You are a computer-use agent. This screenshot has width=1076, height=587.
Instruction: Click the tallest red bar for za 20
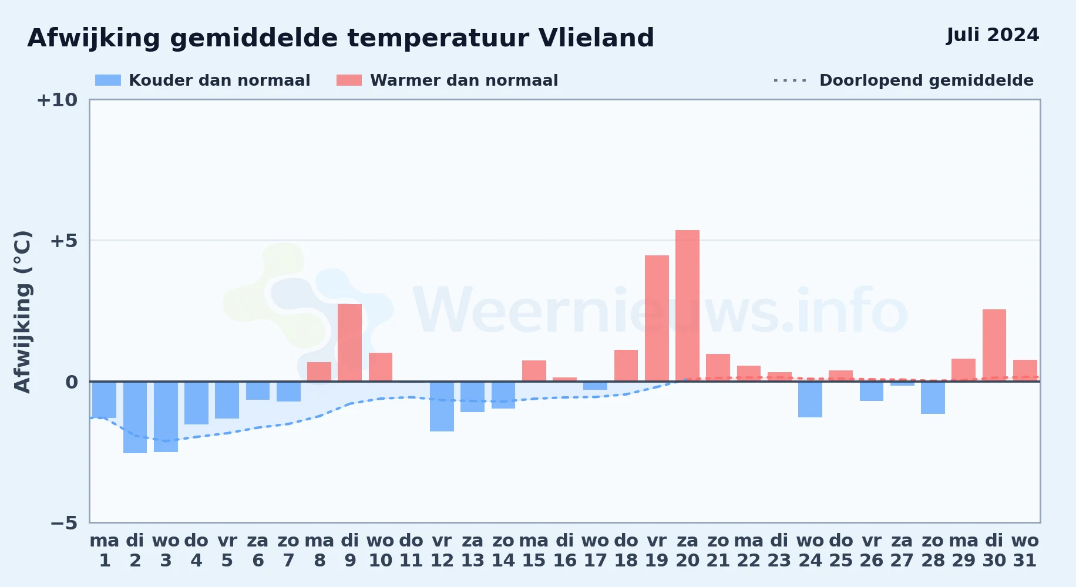tap(687, 306)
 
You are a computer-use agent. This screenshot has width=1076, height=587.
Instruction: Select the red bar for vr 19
tap(657, 318)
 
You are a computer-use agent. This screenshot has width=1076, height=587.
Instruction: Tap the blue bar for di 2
tap(135, 417)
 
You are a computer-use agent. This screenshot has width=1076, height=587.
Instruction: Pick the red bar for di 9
tap(350, 343)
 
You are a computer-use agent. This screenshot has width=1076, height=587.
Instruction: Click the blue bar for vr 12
tap(442, 406)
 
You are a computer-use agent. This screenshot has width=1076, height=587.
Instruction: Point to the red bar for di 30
tap(994, 345)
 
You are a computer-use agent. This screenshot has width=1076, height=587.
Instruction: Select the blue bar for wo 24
tap(810, 399)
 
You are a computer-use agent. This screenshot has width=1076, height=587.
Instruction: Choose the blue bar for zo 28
tap(933, 397)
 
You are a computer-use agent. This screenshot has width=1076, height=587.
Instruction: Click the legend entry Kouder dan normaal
tap(203, 80)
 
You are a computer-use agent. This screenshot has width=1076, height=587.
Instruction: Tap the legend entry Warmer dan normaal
tap(447, 80)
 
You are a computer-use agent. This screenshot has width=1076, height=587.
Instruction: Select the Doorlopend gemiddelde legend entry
tap(904, 80)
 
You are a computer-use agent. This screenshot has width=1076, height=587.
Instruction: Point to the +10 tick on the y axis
tap(57, 100)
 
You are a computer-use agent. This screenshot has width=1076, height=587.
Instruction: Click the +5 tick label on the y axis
tap(63, 241)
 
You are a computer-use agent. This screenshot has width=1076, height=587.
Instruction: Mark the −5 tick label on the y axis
tap(63, 522)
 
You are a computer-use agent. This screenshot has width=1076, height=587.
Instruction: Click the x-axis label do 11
tap(411, 551)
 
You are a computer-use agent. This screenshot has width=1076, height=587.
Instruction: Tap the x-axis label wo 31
tap(1025, 551)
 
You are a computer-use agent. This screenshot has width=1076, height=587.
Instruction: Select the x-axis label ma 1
tap(105, 551)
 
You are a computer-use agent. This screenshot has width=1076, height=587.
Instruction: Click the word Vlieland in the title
tap(596, 38)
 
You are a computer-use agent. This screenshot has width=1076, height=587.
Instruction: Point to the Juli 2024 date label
tap(993, 35)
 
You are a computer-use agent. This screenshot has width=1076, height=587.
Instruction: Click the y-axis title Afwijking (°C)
tap(22, 311)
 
